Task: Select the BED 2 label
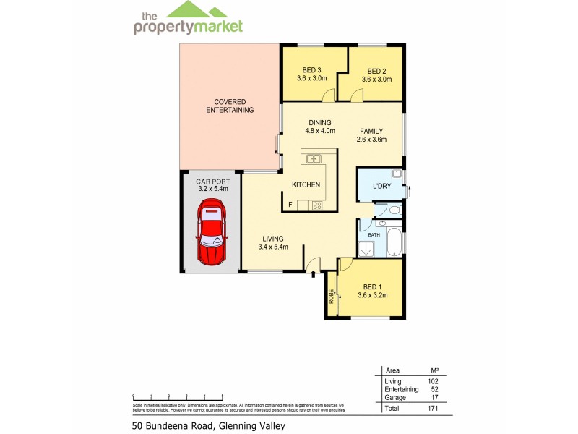coord(376,71)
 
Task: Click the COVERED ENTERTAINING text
coord(230,106)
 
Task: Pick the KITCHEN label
coord(306,184)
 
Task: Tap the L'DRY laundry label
coord(381,186)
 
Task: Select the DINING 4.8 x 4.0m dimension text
coord(320,131)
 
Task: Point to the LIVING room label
coord(273,239)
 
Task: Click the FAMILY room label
coord(371,131)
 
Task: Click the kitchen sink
coord(314,158)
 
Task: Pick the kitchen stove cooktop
coord(316,205)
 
